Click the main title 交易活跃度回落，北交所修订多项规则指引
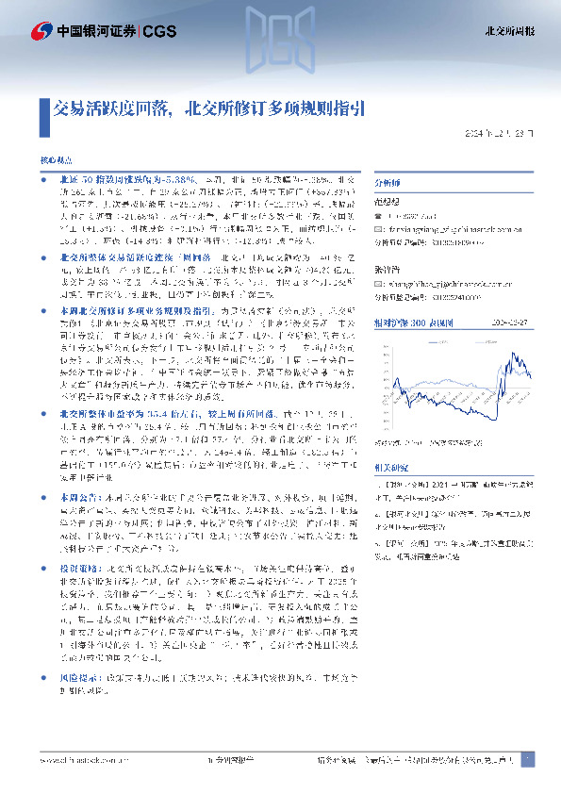click(206, 107)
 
